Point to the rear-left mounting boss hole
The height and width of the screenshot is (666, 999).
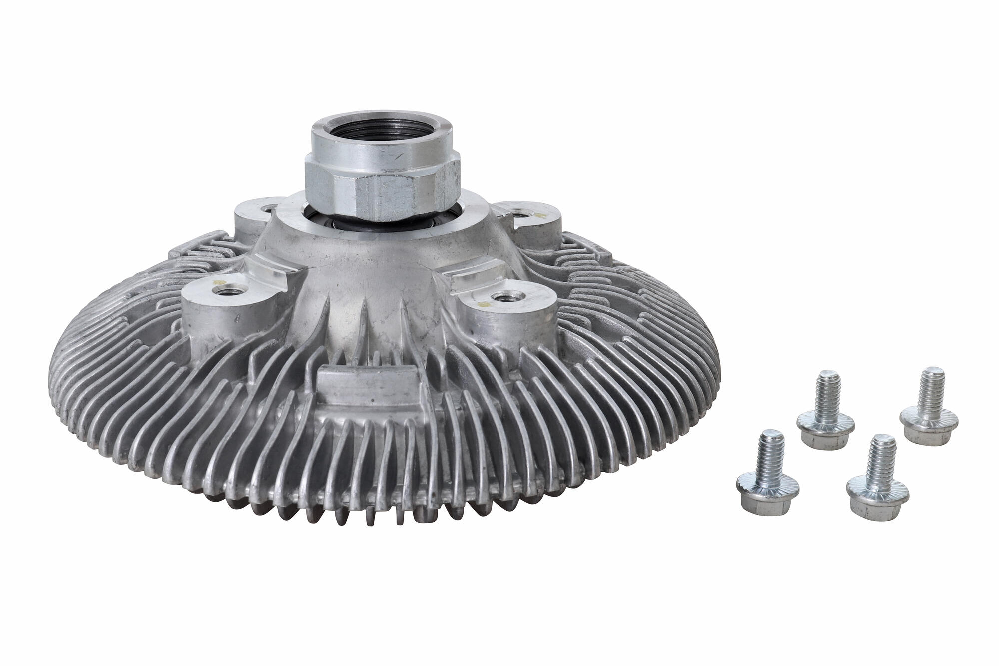(x=270, y=207)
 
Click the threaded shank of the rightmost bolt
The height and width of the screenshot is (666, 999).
(x=932, y=387)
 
